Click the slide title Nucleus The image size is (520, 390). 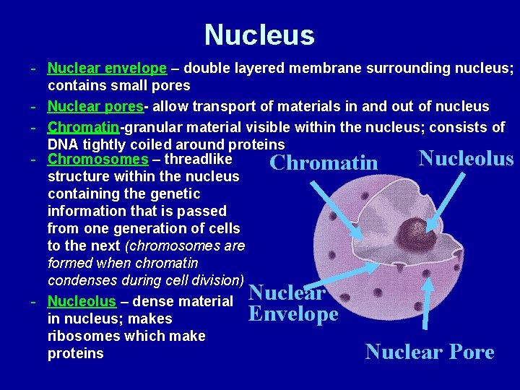(x=259, y=35)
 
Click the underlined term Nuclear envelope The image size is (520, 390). (x=107, y=69)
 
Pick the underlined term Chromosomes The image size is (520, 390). (x=97, y=159)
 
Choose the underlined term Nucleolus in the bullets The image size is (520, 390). (x=82, y=301)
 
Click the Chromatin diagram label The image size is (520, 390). (x=323, y=162)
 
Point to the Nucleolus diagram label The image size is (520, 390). (x=466, y=157)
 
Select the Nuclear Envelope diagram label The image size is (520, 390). (x=292, y=303)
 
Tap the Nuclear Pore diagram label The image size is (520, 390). (x=430, y=352)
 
